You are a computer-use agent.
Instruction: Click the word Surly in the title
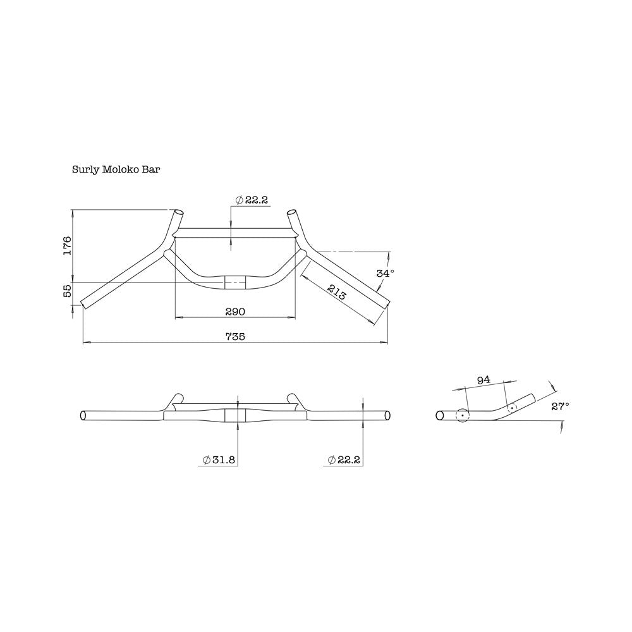[85, 170]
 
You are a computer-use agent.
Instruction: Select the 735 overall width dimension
[234, 337]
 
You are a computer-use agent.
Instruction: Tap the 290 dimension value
[234, 311]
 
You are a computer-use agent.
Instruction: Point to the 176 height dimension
[68, 245]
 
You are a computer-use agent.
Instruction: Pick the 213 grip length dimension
[336, 293]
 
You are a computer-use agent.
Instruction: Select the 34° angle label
[385, 273]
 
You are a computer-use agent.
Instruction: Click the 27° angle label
[560, 406]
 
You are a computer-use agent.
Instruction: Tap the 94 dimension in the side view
[483, 380]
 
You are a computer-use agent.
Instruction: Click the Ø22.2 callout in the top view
[252, 200]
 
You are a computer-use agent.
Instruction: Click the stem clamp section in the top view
[235, 283]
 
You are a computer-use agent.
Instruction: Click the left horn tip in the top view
[179, 213]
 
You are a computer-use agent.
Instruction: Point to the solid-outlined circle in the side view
[462, 416]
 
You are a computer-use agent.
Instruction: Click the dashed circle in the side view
[511, 408]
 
